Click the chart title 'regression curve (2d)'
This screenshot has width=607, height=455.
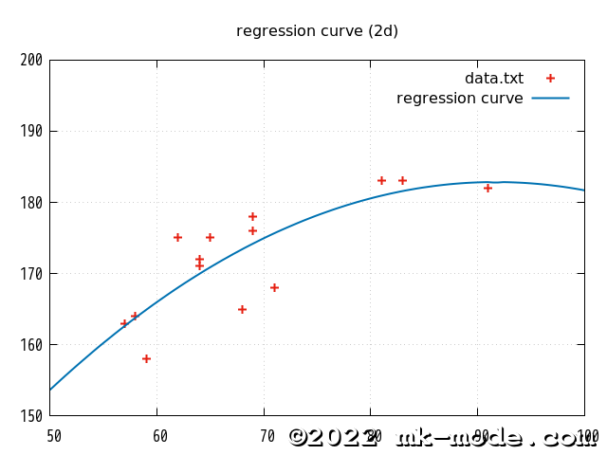(317, 31)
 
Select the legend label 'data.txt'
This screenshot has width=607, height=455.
(493, 79)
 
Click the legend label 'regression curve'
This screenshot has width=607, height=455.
(459, 99)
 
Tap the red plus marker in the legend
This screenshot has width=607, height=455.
(550, 79)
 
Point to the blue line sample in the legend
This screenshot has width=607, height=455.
(550, 99)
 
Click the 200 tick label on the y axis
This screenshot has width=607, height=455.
(31, 61)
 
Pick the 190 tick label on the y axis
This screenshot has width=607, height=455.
(31, 132)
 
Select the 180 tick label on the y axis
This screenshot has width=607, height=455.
(31, 203)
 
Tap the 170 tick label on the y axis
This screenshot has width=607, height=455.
(31, 274)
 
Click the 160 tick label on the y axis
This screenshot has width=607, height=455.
(31, 345)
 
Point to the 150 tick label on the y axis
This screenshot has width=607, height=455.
(31, 416)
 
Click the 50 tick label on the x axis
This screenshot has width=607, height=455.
(54, 436)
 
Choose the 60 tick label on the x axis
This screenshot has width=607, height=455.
(160, 436)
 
